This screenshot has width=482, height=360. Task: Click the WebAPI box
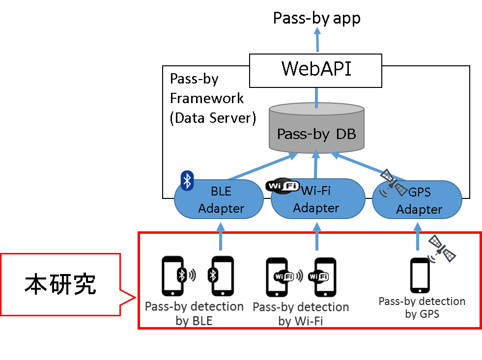pyautogui.click(x=316, y=70)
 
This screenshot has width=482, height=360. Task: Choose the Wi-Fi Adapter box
pyautogui.click(x=317, y=199)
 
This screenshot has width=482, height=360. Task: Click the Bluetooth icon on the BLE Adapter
pyautogui.click(x=187, y=181)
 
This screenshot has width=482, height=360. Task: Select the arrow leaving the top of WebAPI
pyautogui.click(x=317, y=39)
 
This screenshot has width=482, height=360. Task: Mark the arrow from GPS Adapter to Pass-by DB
pyautogui.click(x=368, y=166)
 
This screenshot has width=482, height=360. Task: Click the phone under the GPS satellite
pyautogui.click(x=420, y=275)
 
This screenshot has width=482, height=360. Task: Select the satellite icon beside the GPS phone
pyautogui.click(x=442, y=248)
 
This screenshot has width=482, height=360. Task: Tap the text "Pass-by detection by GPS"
pyautogui.click(x=422, y=307)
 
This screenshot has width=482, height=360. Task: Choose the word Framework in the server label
pyautogui.click(x=206, y=99)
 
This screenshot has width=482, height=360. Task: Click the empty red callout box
pyautogui.click(x=60, y=284)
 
